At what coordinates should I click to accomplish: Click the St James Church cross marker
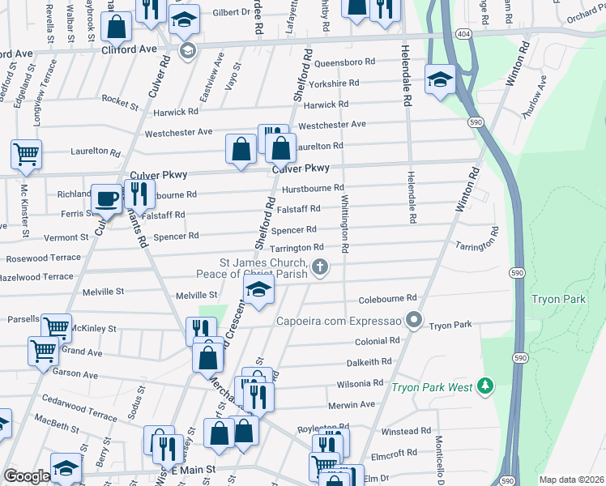pos(321,266)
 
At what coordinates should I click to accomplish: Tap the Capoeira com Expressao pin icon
pos(415,320)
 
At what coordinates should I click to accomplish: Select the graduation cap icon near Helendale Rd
pos(440,79)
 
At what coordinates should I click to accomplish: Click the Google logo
pos(27,476)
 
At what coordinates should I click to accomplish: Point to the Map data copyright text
pos(571,480)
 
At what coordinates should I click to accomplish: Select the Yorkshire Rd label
pos(334,83)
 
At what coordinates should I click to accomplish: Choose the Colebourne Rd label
pos(387,298)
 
